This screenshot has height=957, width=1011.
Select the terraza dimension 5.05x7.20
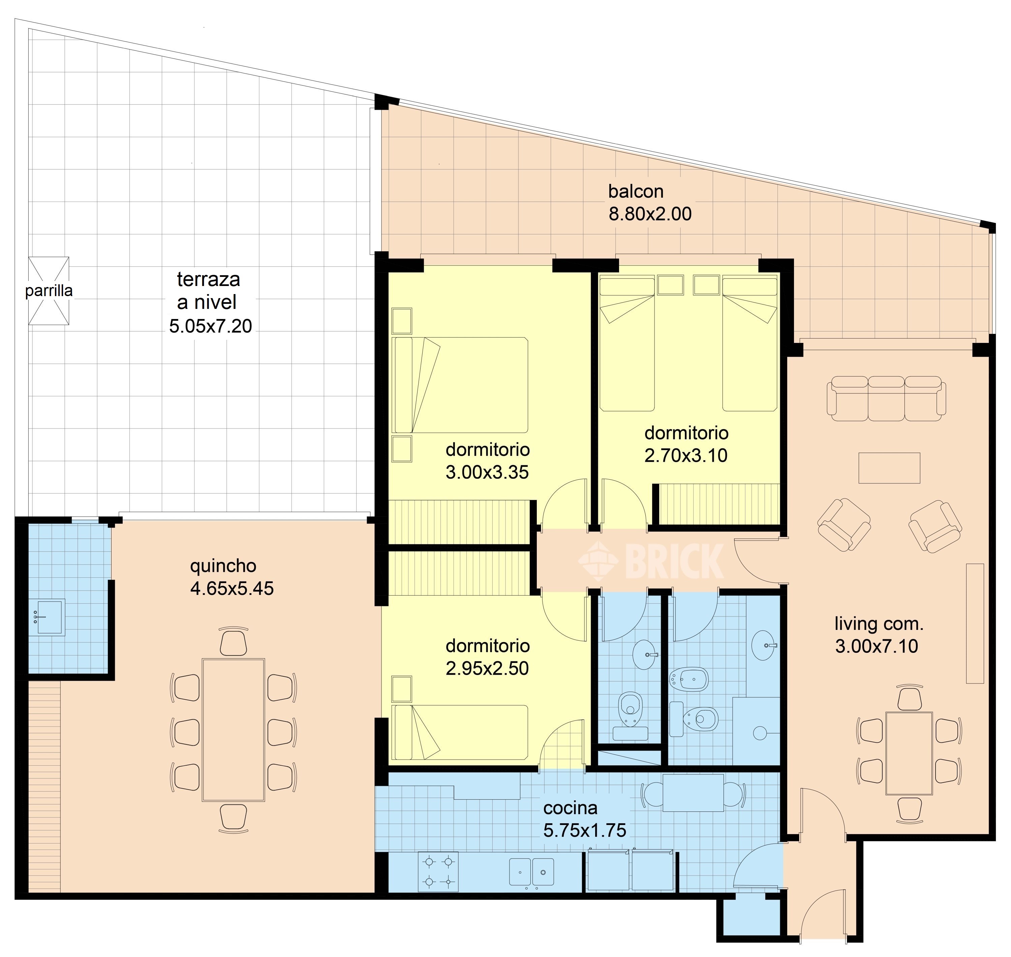point(210,325)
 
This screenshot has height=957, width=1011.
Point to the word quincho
point(223,566)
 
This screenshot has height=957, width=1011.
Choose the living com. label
point(879,624)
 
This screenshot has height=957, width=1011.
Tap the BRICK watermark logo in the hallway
point(651,561)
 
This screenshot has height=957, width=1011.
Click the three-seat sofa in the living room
point(886,398)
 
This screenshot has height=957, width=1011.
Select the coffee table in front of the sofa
point(889,467)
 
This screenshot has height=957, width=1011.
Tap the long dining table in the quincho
point(233,730)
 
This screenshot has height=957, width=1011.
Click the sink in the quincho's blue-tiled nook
point(47,617)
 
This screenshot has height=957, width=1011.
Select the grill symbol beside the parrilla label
point(49,291)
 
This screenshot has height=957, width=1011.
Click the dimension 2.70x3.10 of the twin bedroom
point(685,455)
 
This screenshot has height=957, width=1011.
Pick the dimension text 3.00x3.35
point(487,472)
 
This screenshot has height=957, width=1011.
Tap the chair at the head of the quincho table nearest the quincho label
point(233,641)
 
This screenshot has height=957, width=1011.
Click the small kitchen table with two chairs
point(693,793)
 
